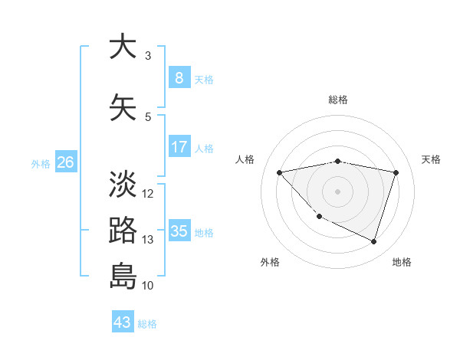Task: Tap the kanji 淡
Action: [x=123, y=184]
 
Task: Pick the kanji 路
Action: [x=123, y=230]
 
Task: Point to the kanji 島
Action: [x=123, y=276]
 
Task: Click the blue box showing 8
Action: [x=179, y=78]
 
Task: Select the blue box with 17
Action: [x=179, y=147]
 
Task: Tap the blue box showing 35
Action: [x=179, y=231]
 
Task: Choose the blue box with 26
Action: [x=65, y=162]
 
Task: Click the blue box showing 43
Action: [x=123, y=322]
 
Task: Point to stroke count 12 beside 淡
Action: [x=148, y=193]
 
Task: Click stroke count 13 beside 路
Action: [x=148, y=240]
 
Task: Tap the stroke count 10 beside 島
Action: [x=148, y=286]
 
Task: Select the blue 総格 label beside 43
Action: [x=147, y=324]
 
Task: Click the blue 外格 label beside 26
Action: [x=41, y=164]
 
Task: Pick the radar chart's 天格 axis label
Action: [x=432, y=159]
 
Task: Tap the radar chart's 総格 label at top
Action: [x=338, y=100]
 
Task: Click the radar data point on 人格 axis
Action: [x=279, y=172]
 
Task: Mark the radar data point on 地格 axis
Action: [x=373, y=242]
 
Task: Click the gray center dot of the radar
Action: [x=338, y=191]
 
